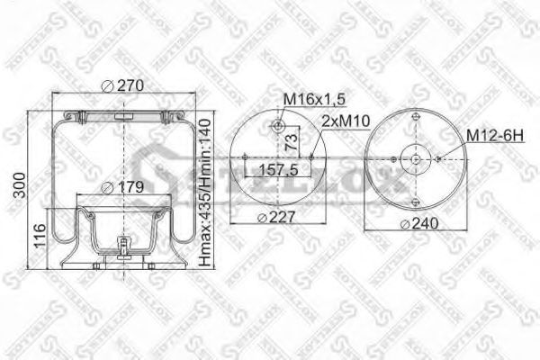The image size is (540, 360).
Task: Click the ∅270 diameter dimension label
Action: coord(123,85)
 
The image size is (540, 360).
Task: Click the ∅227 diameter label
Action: coord(276,217)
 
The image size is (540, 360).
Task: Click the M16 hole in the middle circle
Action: coord(280,125)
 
